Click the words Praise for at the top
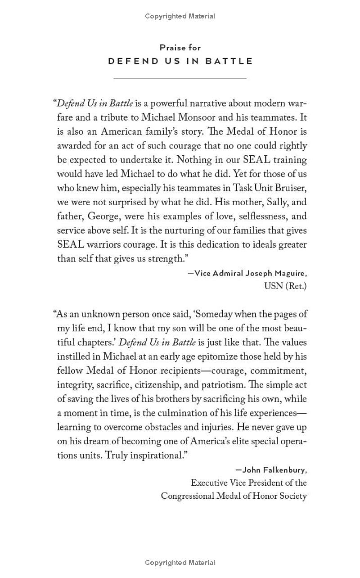pyautogui.click(x=180, y=47)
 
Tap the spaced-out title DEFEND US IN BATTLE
pyautogui.click(x=180, y=61)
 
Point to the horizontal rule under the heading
pyautogui.click(x=180, y=78)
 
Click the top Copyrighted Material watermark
pyautogui.click(x=180, y=16)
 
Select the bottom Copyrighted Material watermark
pyautogui.click(x=180, y=563)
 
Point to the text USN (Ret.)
pyautogui.click(x=285, y=286)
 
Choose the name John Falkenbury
pyautogui.click(x=274, y=470)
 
